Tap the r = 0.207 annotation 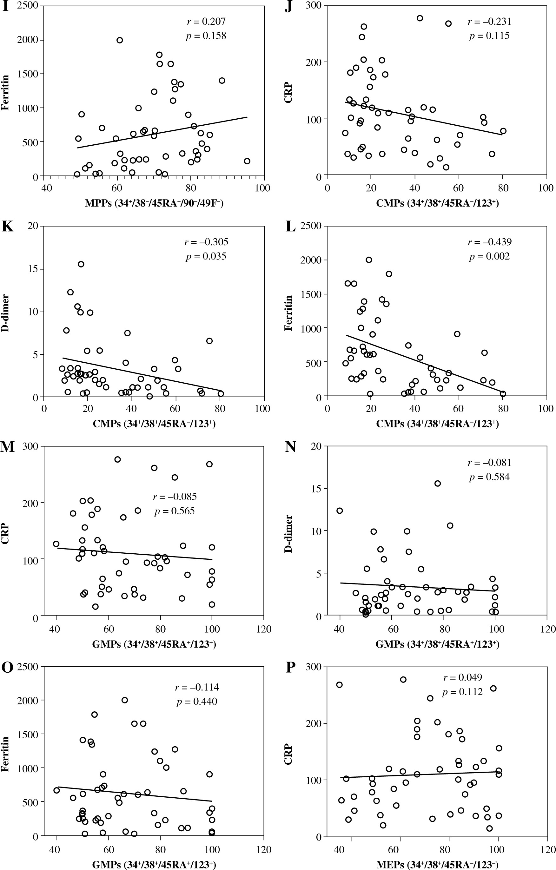pos(206,22)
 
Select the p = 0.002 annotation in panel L pos(490,256)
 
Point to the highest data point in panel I pos(120,40)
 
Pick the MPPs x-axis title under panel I pos(154,203)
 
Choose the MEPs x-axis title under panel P pos(437,865)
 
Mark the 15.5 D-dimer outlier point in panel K pos(81,264)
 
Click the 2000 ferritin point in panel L pos(369,260)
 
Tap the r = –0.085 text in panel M pos(175,497)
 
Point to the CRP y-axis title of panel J pos(288,93)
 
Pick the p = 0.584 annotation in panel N pos(490,477)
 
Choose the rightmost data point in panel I pos(247,161)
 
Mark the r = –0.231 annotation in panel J pos(490,22)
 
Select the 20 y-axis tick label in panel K pos(33,226)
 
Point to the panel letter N pos(291,447)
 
